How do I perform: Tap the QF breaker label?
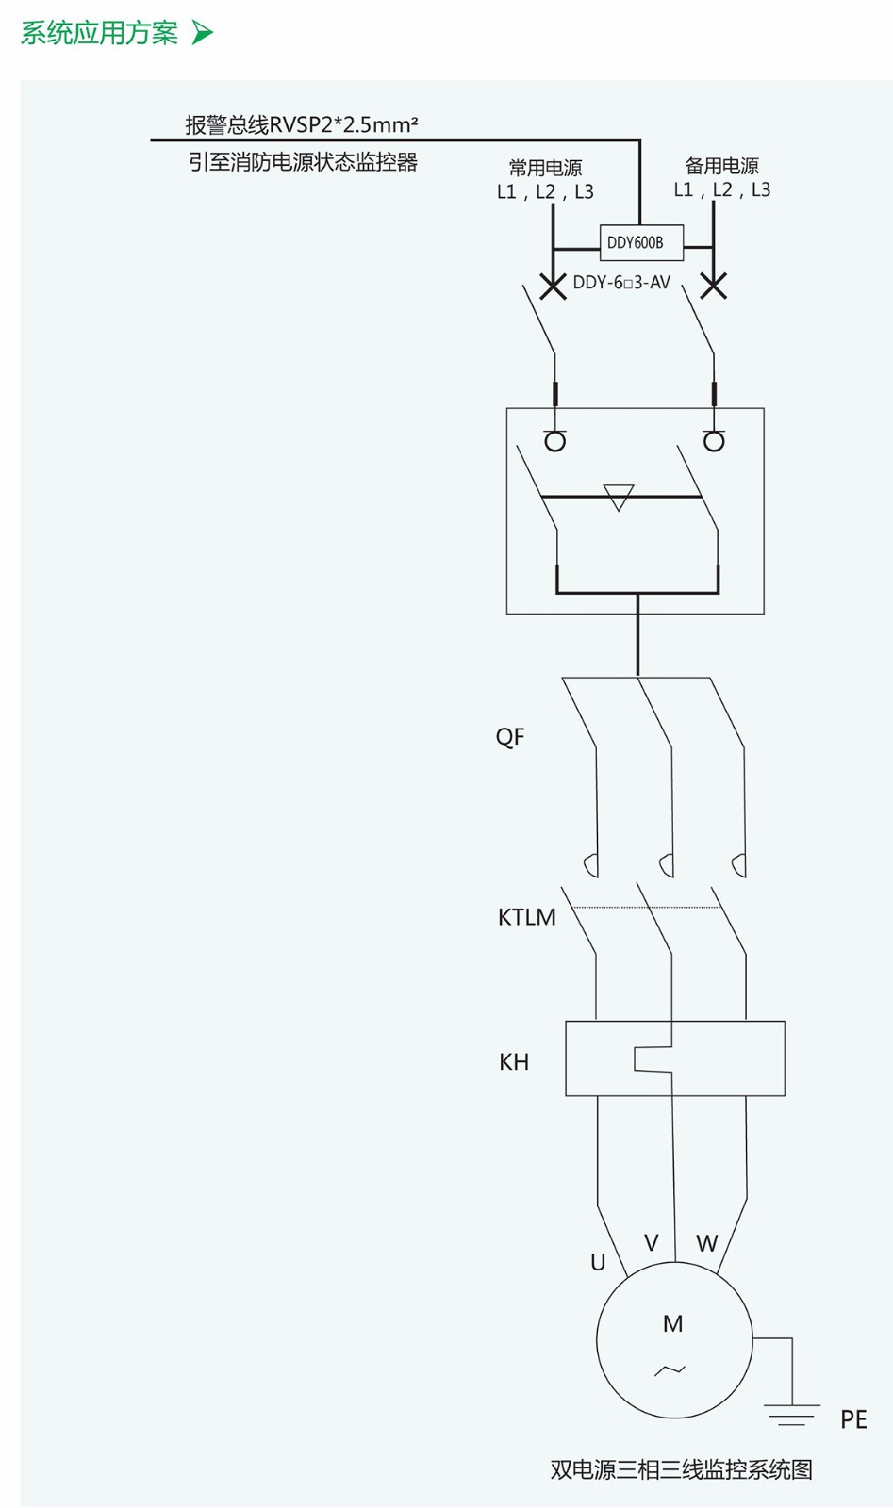[510, 737]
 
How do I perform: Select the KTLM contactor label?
[526, 917]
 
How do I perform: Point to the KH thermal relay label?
[514, 1062]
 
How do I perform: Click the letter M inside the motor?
[672, 1324]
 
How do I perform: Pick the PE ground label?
[853, 1419]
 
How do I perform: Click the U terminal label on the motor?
[598, 1263]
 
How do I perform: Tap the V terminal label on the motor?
[651, 1243]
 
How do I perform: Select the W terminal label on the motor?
[706, 1244]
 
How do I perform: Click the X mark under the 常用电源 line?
[553, 286]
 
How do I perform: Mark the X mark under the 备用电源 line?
[714, 285]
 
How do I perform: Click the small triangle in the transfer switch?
[619, 497]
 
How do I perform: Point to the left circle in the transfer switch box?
[555, 441]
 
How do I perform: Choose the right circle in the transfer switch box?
[715, 441]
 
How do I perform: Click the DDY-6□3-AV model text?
[621, 283]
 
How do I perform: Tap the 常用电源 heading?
[545, 168]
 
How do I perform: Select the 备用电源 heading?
[721, 166]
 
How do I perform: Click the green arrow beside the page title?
[203, 33]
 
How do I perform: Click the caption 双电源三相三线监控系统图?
[681, 1469]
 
